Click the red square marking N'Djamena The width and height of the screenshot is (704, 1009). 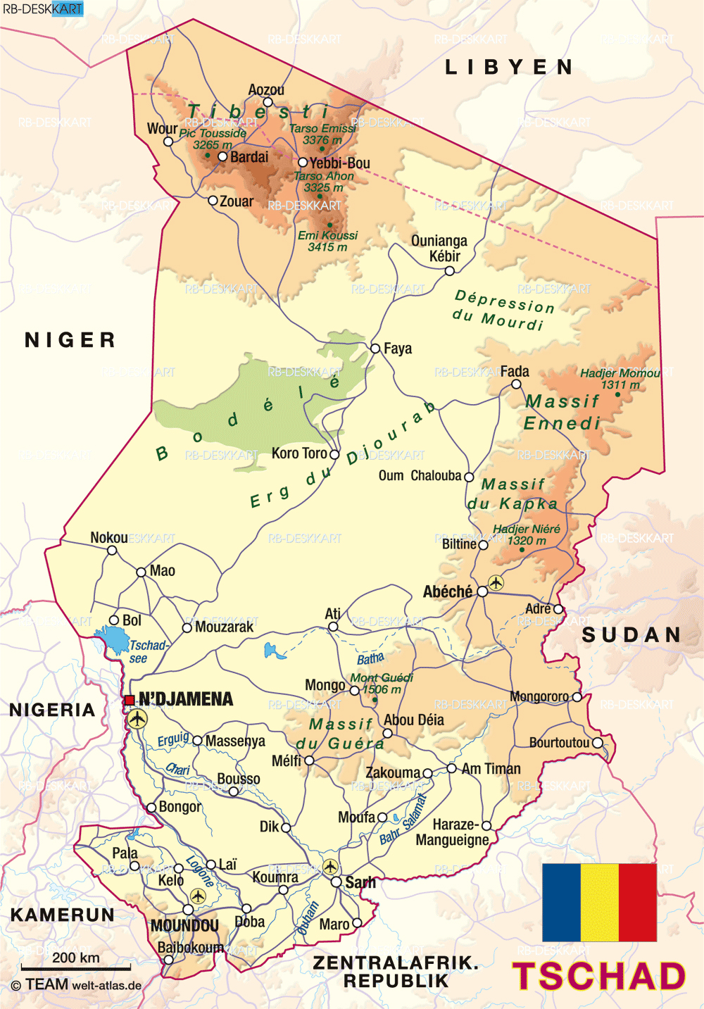130,700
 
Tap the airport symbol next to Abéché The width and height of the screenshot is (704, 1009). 496,582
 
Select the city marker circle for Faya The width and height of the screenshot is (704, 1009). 375,348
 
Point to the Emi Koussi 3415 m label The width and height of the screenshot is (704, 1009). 327,241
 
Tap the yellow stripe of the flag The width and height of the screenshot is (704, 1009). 600,903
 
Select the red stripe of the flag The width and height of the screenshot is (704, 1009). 638,903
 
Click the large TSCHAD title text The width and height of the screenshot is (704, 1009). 599,977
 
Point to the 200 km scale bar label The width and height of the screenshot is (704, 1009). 75,958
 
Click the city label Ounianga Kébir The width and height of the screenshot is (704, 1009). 439,249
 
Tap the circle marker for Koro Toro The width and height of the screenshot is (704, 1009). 334,455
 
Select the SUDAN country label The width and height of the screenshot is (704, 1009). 631,634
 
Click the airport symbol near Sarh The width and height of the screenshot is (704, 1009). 330,866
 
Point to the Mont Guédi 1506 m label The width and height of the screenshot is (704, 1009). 381,683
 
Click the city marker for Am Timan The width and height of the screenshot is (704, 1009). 451,768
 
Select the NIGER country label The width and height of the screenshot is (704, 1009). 70,340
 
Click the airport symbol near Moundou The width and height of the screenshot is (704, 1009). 198,896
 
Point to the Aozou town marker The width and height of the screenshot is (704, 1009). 268,102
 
